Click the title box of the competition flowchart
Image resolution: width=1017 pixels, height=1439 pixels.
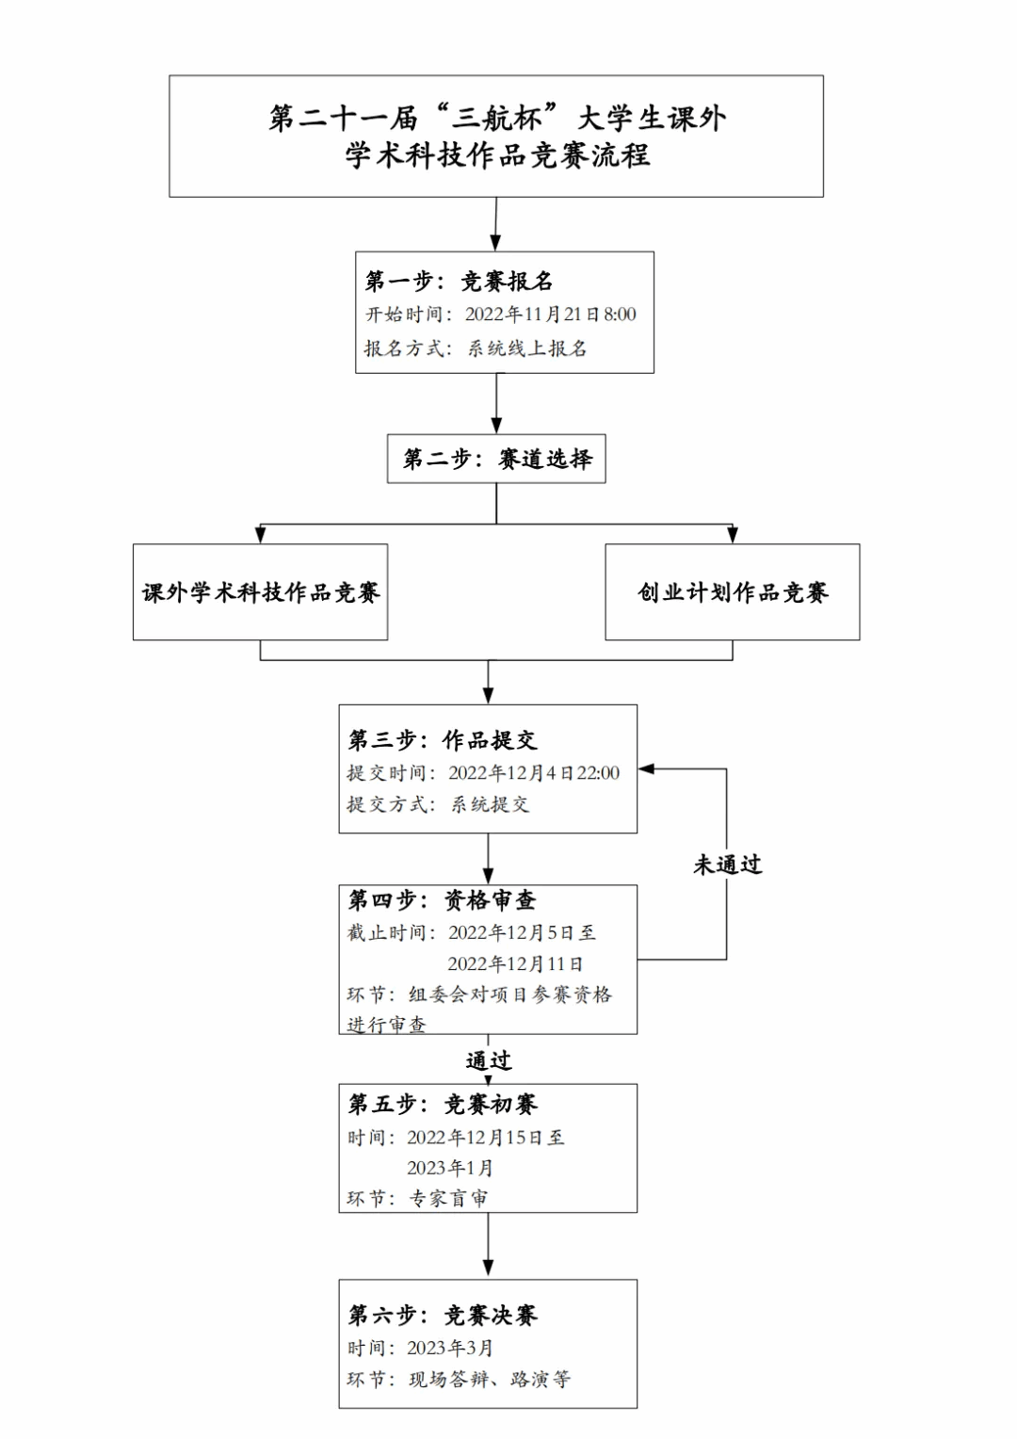click(x=496, y=137)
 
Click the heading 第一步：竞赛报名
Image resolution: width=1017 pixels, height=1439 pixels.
click(x=459, y=282)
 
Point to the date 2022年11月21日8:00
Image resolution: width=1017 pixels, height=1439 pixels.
click(x=550, y=315)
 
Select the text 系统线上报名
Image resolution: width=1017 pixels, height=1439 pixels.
click(x=527, y=348)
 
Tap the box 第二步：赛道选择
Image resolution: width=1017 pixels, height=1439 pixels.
click(x=496, y=459)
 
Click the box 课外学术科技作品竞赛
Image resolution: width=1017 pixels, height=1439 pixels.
click(x=260, y=592)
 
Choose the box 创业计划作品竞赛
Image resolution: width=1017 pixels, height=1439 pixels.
click(x=732, y=592)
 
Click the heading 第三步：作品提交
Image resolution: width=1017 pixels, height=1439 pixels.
click(x=443, y=740)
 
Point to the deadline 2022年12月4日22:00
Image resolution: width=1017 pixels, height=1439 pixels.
click(x=533, y=773)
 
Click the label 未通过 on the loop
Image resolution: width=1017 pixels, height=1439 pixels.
click(x=727, y=865)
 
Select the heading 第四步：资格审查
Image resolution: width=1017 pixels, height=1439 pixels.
click(x=442, y=900)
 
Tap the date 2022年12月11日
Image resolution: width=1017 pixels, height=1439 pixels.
click(x=515, y=963)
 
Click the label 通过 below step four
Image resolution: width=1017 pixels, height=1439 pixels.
click(x=488, y=1060)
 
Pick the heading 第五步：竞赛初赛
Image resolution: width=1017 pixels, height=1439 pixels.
click(x=443, y=1104)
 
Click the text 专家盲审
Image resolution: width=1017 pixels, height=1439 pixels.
click(x=448, y=1199)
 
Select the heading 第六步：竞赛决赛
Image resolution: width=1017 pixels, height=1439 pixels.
click(x=443, y=1315)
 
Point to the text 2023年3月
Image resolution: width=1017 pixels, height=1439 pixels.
click(x=450, y=1348)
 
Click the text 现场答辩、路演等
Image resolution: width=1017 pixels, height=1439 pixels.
click(x=490, y=1380)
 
